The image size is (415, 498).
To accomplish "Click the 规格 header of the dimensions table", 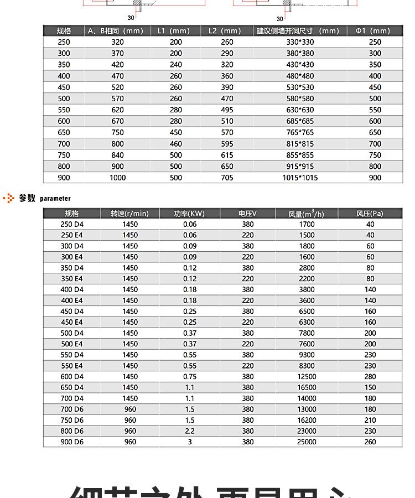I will (x=64, y=31).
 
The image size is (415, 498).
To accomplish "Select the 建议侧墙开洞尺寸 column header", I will (x=298, y=31).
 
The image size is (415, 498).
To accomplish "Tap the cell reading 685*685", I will (x=300, y=121).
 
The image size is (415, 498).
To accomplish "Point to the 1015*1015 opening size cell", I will (x=300, y=178).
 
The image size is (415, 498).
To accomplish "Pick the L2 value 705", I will (x=227, y=178).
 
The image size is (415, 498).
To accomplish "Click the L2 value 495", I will (x=227, y=110).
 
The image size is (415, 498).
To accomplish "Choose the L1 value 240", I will (x=176, y=64).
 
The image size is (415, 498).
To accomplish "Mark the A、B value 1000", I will (x=118, y=178).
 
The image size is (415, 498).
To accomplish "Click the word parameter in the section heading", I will (x=55, y=198).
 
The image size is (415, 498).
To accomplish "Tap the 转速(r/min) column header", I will (x=129, y=214).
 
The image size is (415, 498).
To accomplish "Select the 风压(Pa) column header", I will (x=370, y=214).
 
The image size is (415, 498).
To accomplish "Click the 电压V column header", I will (x=247, y=214).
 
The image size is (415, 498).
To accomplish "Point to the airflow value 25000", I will (x=307, y=442).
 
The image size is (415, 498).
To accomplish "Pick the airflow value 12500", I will (x=307, y=376).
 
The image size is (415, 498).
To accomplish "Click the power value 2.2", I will (x=190, y=431).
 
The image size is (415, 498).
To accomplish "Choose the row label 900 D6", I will (x=72, y=442).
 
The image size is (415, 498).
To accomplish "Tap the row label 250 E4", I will (x=72, y=235).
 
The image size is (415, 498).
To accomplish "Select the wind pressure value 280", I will (x=370, y=376).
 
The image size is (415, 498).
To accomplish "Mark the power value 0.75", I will (x=190, y=376).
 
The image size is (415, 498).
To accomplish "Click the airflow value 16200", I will (x=307, y=420).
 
